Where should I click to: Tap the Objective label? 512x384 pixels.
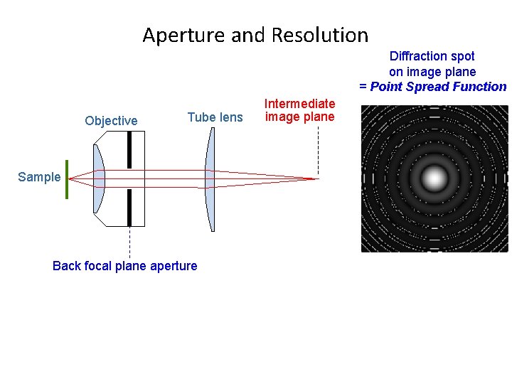111,121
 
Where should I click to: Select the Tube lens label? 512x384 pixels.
215,117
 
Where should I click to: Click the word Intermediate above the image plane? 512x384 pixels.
299,104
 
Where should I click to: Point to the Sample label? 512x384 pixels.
39,177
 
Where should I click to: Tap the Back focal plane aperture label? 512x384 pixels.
125,266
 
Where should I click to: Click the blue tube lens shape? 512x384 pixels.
210,178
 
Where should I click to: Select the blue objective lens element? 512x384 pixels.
98,178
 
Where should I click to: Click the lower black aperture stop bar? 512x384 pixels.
129,207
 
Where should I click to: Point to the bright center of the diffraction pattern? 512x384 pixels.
434,178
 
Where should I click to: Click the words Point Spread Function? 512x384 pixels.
438,87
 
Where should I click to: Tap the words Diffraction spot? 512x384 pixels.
432,55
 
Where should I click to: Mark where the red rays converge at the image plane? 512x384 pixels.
316,178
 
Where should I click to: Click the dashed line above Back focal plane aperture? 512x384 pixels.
129,242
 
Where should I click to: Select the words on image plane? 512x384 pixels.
432,71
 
